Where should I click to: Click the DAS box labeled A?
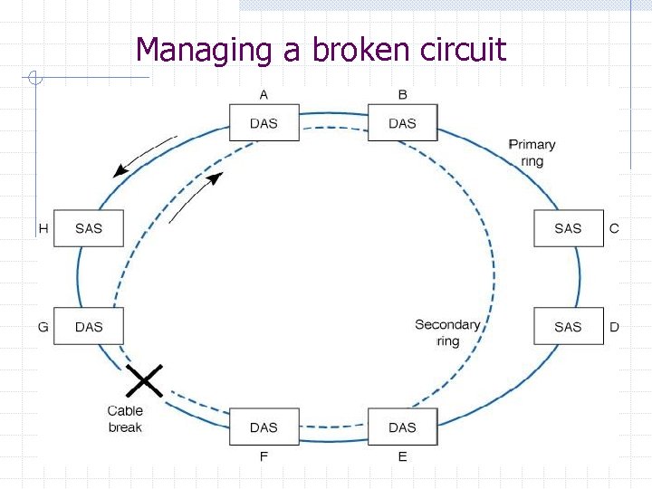pos(264,122)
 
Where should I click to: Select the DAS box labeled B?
pos(402,122)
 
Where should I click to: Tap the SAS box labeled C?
pos(568,228)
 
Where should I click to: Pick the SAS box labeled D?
pos(568,326)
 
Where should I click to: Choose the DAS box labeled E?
pos(402,427)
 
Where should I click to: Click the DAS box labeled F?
pos(264,427)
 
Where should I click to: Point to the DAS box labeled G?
pos(89,326)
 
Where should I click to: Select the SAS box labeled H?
pos(89,228)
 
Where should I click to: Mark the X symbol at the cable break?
pos(144,380)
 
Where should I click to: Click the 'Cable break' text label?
pos(125,419)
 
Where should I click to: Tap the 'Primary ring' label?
pos(532,152)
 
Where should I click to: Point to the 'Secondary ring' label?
pos(447,332)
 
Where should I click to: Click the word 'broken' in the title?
pos(360,49)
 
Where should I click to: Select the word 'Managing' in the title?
pos(204,49)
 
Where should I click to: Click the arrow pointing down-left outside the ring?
pos(143,157)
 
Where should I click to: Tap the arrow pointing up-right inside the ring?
pos(196,197)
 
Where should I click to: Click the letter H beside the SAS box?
pos(43,228)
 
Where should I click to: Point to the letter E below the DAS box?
pos(402,456)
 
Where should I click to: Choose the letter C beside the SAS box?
pos(614,228)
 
